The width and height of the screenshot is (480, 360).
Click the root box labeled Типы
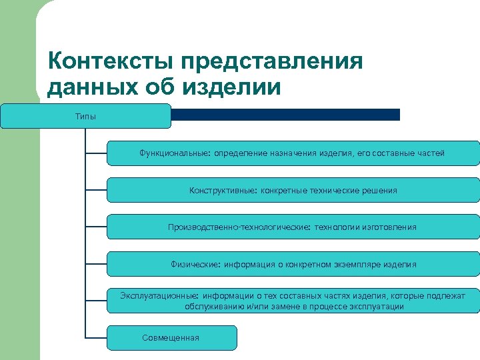[85, 117]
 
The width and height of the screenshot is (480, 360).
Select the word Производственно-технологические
[238, 227]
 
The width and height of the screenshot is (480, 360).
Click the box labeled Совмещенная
[171, 337]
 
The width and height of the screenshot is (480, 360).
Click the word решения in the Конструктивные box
[380, 191]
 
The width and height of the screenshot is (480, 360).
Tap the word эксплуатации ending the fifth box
[380, 307]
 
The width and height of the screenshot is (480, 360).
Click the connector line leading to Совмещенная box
[96, 337]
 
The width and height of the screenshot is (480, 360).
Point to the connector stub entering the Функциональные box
[96, 153]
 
